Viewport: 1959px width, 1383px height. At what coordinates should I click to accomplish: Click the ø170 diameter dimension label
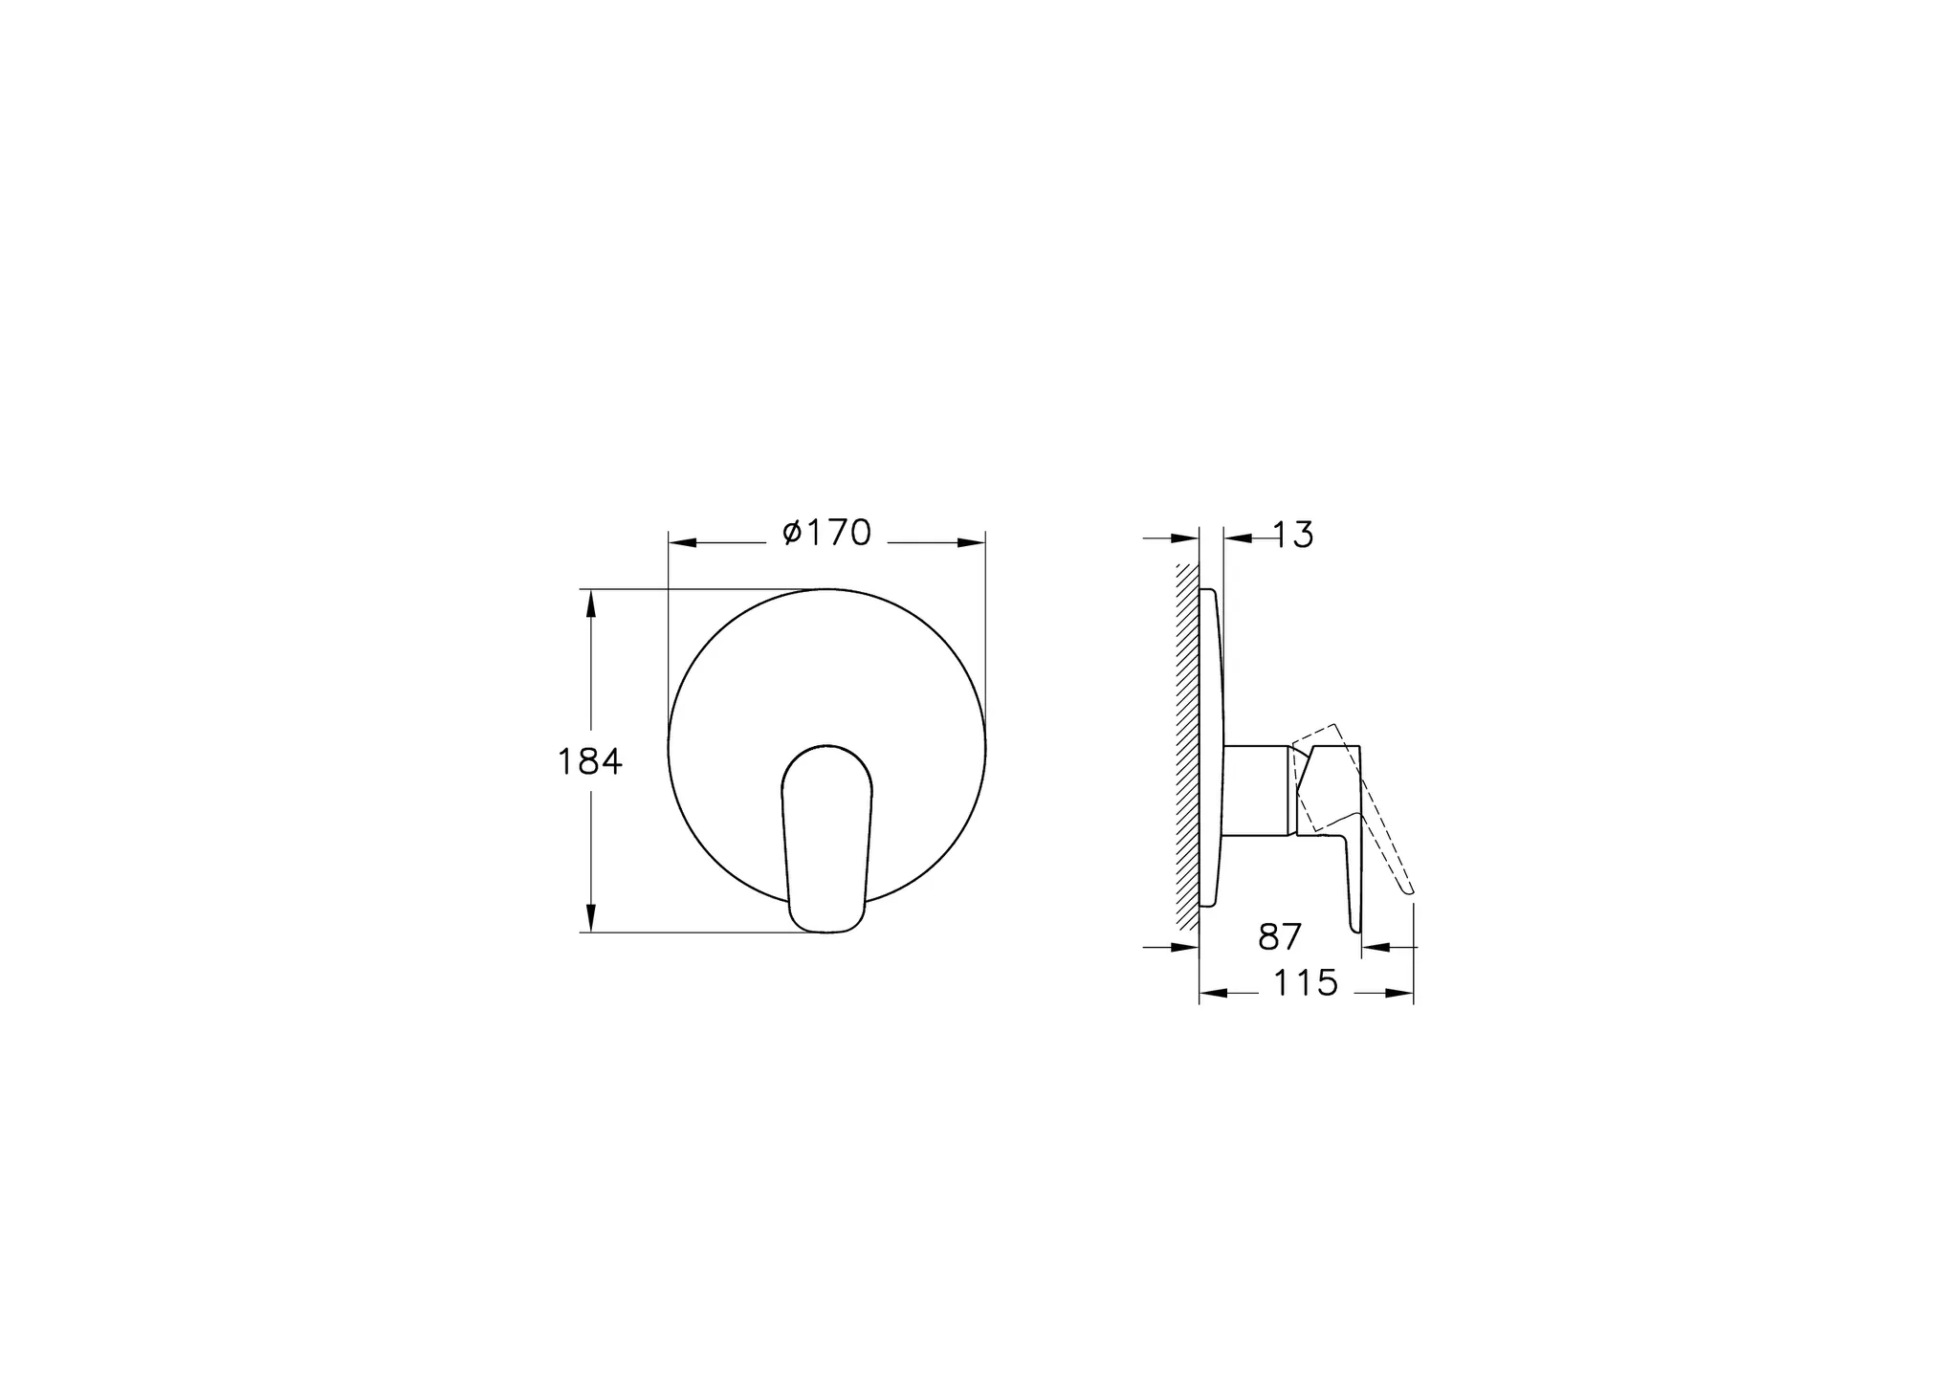(827, 533)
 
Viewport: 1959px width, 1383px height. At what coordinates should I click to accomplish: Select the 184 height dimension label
(589, 762)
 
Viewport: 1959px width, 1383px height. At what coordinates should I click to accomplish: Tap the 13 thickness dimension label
(1293, 536)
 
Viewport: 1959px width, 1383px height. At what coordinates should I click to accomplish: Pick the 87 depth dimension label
(1280, 937)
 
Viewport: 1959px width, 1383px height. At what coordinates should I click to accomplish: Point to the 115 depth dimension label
(1305, 983)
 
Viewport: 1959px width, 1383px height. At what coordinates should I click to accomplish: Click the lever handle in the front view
(827, 832)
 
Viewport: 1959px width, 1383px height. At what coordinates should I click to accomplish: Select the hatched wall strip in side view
(1187, 746)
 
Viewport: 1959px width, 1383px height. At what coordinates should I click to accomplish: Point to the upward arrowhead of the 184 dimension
(590, 604)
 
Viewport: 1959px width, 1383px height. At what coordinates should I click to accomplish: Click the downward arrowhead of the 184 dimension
(590, 918)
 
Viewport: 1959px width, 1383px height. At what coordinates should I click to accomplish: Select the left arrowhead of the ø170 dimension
(682, 542)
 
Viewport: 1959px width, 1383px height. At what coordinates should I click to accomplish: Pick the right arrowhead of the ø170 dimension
(972, 542)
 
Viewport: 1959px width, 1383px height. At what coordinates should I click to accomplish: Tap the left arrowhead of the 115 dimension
(1213, 994)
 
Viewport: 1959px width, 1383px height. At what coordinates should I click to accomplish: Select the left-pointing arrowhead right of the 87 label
(1375, 947)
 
